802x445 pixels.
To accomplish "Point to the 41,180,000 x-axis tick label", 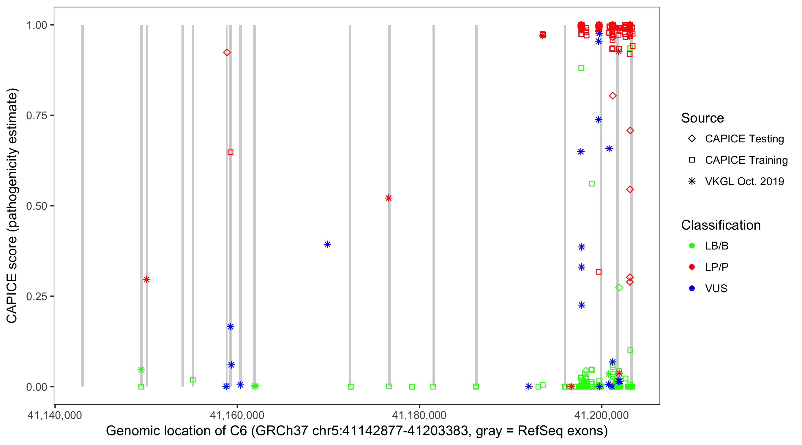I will point(419,415).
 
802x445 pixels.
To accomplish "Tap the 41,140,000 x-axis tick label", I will point(55,415).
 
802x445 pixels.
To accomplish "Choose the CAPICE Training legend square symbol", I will point(692,160).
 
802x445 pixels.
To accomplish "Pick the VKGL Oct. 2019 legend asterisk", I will point(692,181).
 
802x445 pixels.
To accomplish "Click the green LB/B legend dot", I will point(692,246).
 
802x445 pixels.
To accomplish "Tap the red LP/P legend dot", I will point(692,267).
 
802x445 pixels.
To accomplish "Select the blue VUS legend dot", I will point(692,288).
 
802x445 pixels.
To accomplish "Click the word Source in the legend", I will point(702,118).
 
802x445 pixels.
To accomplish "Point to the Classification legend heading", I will point(721,225).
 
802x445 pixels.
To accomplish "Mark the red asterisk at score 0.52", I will point(388,198).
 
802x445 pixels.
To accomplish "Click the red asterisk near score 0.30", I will point(146,279).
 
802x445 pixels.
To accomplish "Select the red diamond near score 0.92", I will point(227,52).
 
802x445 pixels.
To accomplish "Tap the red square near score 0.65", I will point(231,152).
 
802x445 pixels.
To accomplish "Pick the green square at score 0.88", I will point(581,68).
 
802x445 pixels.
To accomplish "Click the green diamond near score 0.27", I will point(619,288).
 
